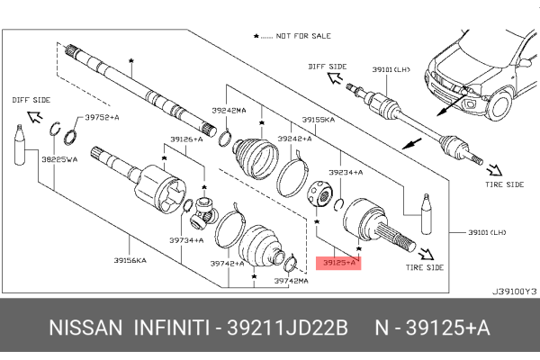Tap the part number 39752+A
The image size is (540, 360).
click(103, 117)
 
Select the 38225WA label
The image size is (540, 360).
click(59, 159)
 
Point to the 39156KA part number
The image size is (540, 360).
click(130, 260)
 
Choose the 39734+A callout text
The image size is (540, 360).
click(187, 240)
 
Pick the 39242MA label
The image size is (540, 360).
click(228, 110)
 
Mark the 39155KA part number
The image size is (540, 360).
click(319, 119)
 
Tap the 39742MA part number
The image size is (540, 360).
click(292, 281)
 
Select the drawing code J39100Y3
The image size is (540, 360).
click(514, 291)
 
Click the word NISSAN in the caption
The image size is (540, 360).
click(84, 328)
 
